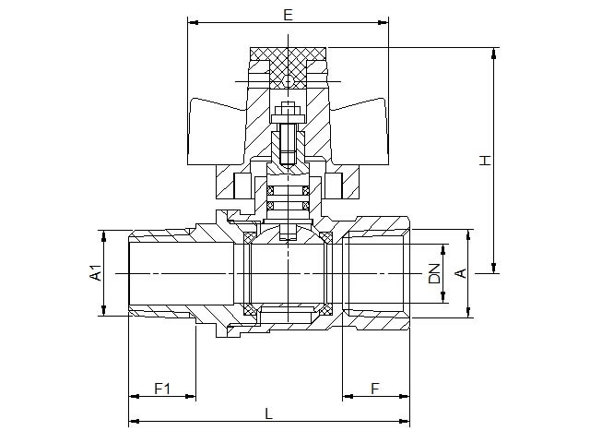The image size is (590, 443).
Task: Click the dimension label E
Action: point(288,15)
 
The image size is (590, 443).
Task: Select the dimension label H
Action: point(486,160)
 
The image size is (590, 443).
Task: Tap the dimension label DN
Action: point(434,273)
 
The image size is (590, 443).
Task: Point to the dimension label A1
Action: point(96,273)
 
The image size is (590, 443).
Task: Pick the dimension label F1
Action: point(162,389)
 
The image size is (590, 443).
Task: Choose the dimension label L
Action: point(268,414)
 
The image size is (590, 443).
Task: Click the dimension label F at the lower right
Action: point(375,389)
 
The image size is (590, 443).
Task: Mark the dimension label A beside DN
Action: point(461,273)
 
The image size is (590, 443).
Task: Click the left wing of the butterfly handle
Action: point(218,131)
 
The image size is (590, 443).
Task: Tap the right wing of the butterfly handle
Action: point(359,131)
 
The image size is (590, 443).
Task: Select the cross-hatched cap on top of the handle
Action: point(289,67)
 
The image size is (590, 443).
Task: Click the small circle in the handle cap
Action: point(289,80)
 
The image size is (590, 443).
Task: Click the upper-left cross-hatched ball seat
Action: point(250,238)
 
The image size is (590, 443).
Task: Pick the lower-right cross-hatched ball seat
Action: point(325,309)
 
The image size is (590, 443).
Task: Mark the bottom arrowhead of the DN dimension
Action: point(444,297)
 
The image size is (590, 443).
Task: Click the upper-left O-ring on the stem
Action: point(270,190)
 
